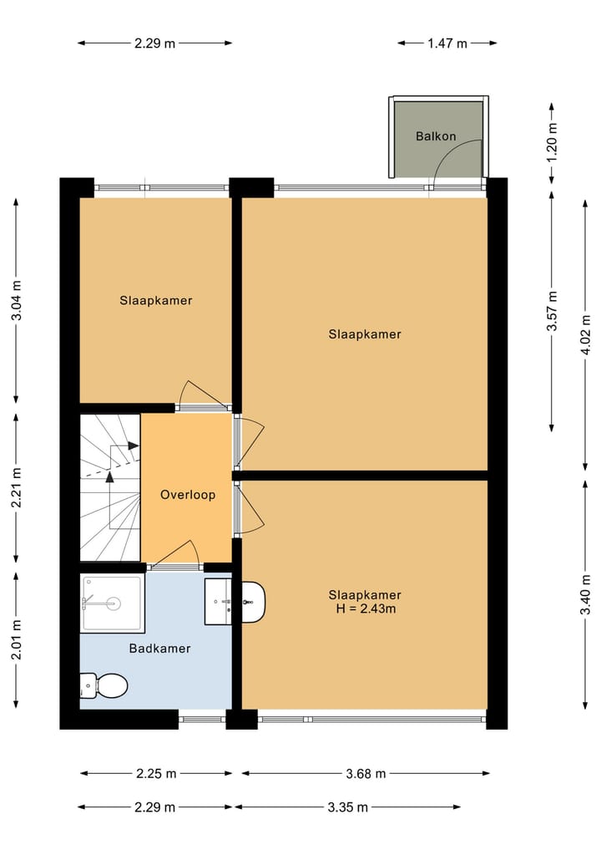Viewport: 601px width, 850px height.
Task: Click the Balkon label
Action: (436, 135)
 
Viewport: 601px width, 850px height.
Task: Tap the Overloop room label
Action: (188, 495)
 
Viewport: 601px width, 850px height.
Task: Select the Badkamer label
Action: (159, 648)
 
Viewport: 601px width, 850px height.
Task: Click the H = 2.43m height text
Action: (365, 609)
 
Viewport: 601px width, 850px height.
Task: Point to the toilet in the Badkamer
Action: (103, 686)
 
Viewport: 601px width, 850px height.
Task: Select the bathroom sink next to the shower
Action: (219, 601)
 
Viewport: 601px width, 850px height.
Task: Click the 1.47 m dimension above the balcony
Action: (447, 43)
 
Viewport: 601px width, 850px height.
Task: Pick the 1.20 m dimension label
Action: (551, 141)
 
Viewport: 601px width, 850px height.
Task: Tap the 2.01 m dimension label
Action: (17, 640)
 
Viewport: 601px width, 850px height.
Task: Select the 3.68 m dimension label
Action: (365, 773)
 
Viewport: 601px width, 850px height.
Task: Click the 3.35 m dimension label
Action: (347, 807)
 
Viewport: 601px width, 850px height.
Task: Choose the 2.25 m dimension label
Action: (155, 773)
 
